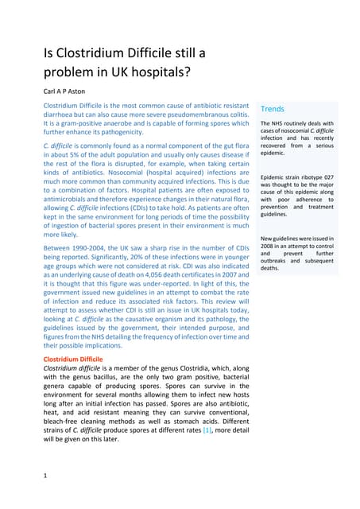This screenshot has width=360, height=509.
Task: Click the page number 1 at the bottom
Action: pos(45,475)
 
